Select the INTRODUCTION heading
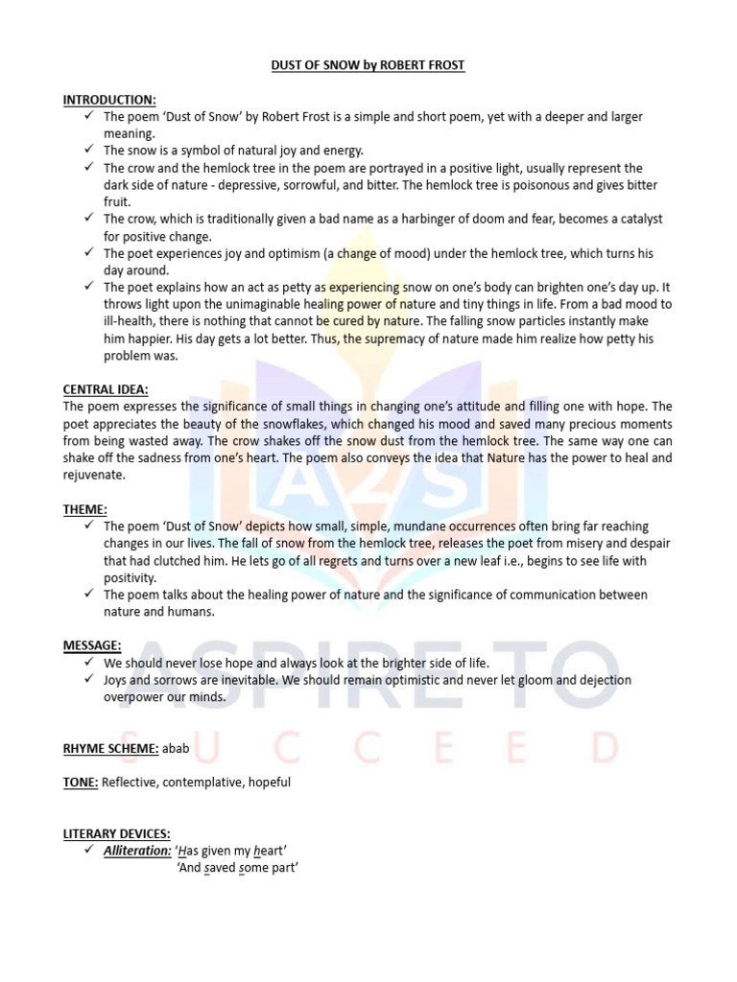click(x=109, y=99)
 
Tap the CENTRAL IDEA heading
click(x=106, y=389)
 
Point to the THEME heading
click(x=85, y=509)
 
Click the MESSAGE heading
click(x=92, y=645)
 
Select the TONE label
click(x=81, y=782)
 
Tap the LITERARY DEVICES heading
click(x=116, y=833)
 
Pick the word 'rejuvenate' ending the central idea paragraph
click(x=94, y=475)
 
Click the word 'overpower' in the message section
click(x=131, y=697)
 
